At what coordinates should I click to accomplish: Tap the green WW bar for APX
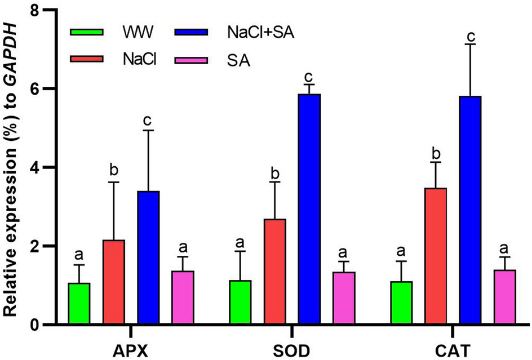(79, 304)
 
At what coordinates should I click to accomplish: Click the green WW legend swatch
(86, 32)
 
